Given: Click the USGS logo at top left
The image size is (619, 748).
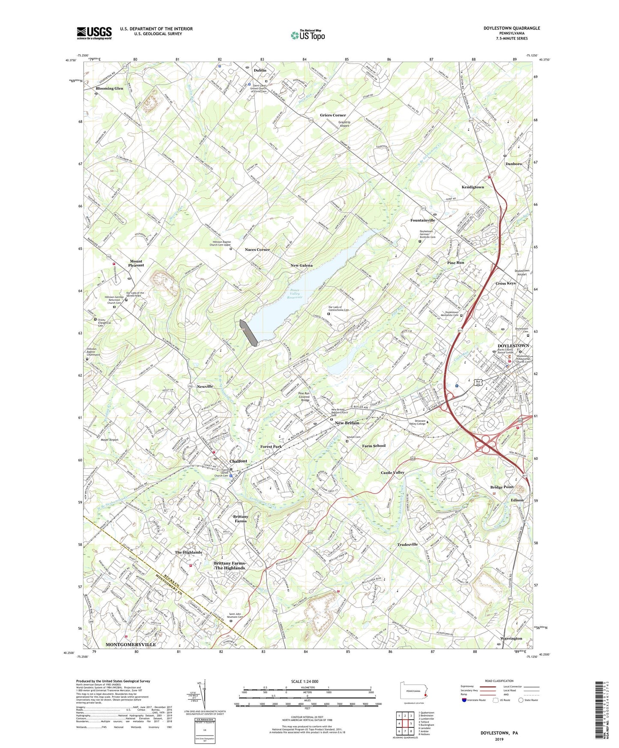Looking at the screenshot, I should [94, 33].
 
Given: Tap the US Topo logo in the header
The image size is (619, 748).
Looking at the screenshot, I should [308, 35].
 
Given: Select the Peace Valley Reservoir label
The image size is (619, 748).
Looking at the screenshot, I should [295, 294].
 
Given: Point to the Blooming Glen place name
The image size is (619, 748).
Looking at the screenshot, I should [109, 88].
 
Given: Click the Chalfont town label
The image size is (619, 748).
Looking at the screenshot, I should [238, 461].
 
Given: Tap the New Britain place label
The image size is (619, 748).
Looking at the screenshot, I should [347, 423].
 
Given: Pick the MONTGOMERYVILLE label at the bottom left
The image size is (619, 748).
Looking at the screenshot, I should [131, 644].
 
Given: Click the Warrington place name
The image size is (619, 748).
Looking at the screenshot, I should [511, 638].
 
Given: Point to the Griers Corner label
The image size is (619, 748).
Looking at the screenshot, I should [333, 115].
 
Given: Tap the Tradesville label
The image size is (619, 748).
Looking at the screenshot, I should [407, 545].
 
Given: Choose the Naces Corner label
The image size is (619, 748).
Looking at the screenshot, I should [257, 249].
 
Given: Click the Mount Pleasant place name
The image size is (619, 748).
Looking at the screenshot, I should [137, 263].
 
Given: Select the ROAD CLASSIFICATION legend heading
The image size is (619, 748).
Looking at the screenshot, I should [499, 681].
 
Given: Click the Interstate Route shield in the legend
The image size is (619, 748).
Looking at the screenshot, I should [464, 700].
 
